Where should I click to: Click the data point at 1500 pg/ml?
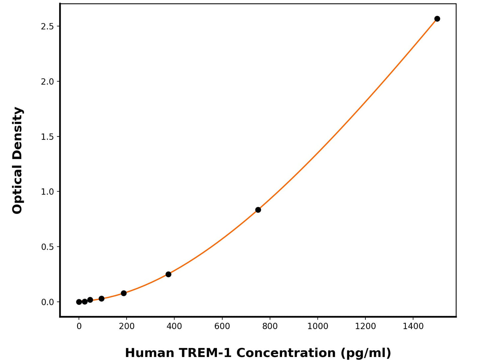437,19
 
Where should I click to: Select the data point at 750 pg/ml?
258,210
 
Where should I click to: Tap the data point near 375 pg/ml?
168,274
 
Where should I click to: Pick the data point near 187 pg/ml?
124,293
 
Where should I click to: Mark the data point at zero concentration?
79,302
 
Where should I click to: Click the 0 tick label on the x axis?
79,326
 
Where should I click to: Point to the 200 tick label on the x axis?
127,326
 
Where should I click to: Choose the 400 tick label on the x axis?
174,326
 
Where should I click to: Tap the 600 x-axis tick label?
222,326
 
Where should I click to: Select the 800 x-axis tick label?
270,326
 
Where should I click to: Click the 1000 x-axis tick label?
318,326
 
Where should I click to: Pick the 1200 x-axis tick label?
365,326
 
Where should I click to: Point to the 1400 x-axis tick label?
413,326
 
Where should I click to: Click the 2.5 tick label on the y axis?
47,26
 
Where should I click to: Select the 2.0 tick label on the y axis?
47,81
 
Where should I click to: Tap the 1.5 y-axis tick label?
47,136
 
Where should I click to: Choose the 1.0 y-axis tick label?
47,192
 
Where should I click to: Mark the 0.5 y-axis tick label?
47,247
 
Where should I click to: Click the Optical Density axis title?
17,160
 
